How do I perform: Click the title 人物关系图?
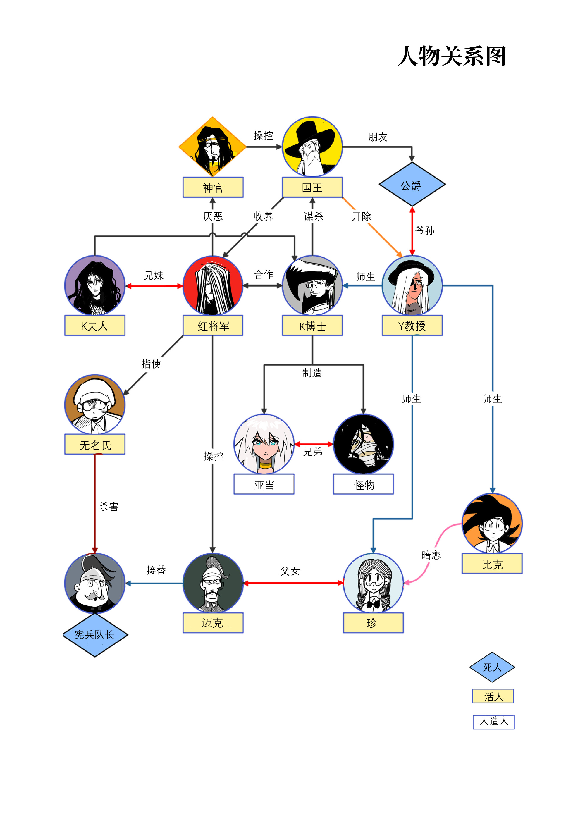tap(452, 56)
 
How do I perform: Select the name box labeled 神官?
tap(213, 187)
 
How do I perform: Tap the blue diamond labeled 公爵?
tap(412, 185)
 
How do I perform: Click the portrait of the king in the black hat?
tap(312, 147)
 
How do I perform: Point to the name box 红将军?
tap(213, 326)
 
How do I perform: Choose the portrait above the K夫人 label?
tap(95, 285)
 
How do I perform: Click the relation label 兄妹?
tap(154, 276)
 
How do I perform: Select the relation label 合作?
tap(264, 275)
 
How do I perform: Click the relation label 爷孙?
tap(425, 230)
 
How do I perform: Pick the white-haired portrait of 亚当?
tap(264, 444)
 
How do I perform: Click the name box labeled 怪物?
tap(364, 485)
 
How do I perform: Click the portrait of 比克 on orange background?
tap(492, 523)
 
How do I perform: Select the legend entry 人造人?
tap(493, 721)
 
